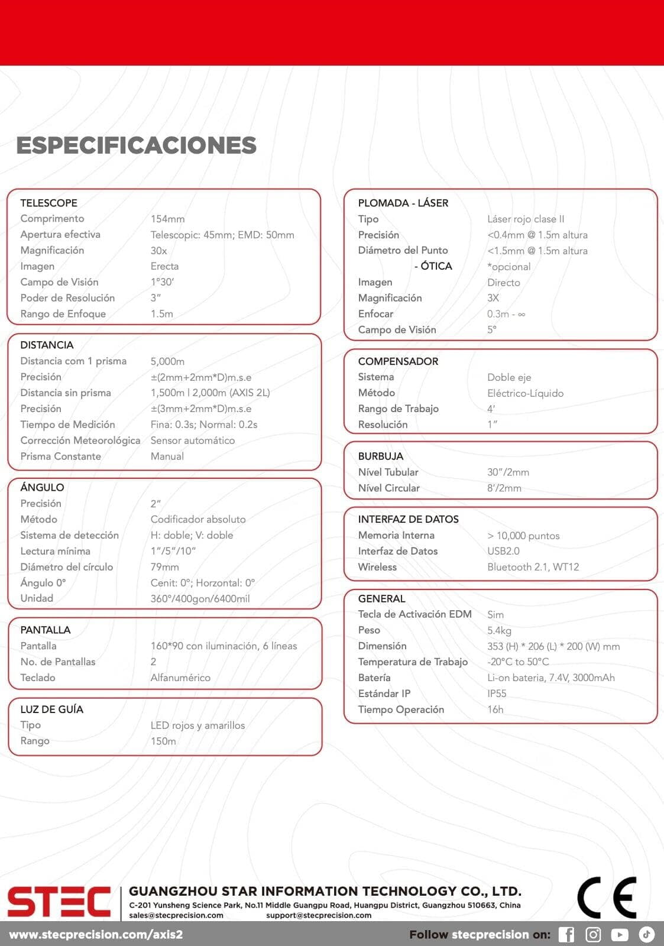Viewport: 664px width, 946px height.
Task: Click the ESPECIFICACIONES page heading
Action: pos(137,145)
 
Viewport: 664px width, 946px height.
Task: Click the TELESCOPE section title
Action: pos(48,203)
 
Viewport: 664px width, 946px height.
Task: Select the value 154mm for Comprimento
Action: pos(167,219)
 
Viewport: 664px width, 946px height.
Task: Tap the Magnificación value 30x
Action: pos(158,251)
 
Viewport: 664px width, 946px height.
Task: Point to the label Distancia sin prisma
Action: pos(66,393)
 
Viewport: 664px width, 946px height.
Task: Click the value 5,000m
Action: pos(167,361)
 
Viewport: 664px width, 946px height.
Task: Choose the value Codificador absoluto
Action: pos(198,519)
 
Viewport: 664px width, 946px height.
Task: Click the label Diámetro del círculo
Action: pos(67,567)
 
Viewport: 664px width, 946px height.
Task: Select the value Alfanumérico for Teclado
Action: pos(180,678)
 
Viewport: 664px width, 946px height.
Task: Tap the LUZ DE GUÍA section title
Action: pos(51,709)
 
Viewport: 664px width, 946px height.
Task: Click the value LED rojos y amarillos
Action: pos(197,725)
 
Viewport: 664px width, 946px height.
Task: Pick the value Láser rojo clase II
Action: pos(526,219)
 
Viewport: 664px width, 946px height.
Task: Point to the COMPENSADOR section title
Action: pos(398,361)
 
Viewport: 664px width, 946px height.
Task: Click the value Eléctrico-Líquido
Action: pos(525,393)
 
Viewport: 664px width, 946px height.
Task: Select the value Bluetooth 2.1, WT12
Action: pos(533,567)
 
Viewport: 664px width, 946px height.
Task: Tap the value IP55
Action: pos(497,694)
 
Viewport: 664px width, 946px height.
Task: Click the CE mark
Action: pos(607,898)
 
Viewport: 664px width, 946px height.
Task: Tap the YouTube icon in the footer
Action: pos(619,934)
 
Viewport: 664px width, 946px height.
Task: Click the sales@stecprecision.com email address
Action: pos(176,915)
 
